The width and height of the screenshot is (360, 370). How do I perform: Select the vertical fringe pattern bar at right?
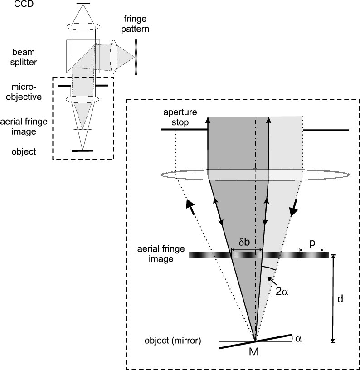(x=135, y=56)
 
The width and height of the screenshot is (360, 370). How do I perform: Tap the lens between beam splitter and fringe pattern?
(x=113, y=56)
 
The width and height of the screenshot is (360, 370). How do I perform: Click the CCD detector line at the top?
(x=83, y=4)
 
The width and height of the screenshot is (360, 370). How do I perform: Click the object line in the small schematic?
(x=83, y=150)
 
